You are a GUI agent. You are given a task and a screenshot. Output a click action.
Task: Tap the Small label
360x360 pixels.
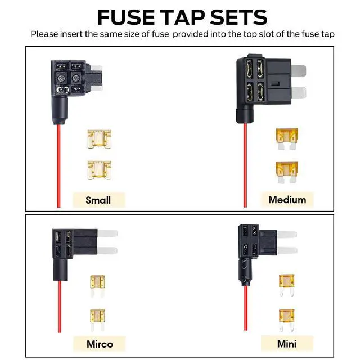[98, 200]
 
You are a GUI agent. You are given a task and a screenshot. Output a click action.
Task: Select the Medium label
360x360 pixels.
[287, 200]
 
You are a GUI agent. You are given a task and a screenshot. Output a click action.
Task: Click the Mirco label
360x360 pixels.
[99, 344]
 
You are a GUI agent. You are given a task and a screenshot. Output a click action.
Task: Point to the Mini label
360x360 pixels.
[287, 343]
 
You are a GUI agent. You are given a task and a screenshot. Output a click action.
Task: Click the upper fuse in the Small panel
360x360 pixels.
[99, 139]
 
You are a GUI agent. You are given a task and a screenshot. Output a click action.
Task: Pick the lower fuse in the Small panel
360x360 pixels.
[99, 169]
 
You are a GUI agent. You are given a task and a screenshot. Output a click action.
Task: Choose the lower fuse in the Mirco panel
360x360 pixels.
[97, 318]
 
